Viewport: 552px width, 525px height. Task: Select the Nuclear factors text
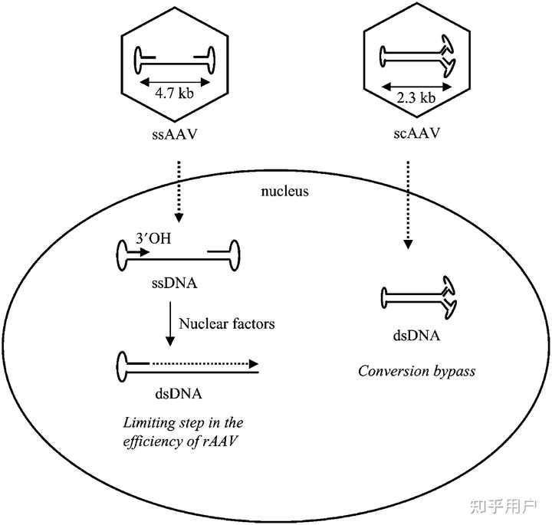point(227,323)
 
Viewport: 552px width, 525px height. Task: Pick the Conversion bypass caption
point(417,371)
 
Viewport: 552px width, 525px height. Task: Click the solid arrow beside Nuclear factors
point(167,323)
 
